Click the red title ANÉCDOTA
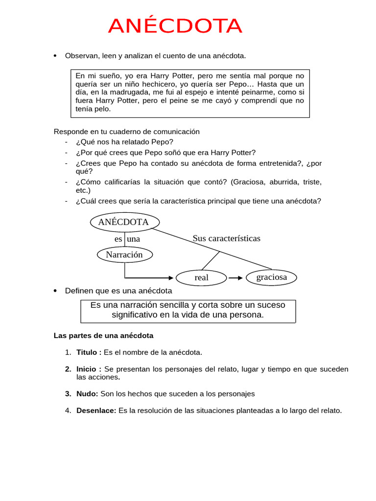coord(175,26)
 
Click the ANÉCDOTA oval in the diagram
coord(124,222)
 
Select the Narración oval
coord(124,254)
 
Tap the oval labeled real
coord(201,277)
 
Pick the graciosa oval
coord(272,277)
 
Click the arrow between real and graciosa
coord(235,278)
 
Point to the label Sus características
coord(226,238)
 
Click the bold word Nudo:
coord(87,393)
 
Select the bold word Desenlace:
coord(96,410)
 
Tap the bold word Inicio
coord(87,369)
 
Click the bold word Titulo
coord(87,352)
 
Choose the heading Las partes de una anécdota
coord(103,336)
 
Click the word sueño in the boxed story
coord(109,76)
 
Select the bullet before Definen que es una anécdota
coord(55,291)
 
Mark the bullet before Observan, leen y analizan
coord(55,56)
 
